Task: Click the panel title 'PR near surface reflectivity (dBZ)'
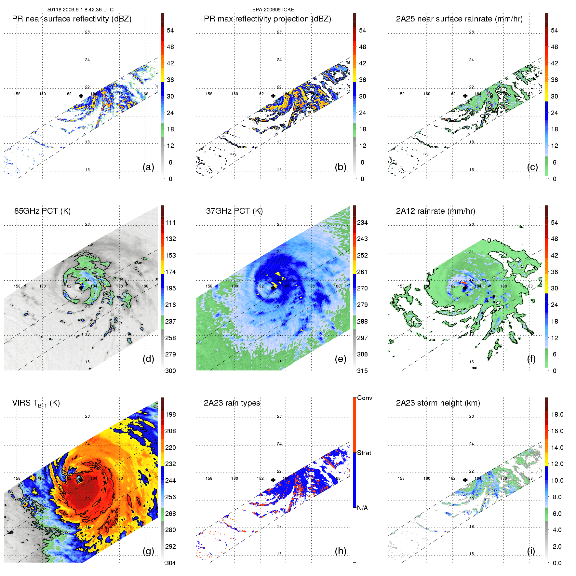pos(72,19)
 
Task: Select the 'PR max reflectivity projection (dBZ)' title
pos(267,19)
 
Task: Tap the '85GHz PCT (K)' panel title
pos(42,211)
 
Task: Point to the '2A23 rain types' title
pos(232,403)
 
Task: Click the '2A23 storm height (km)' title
pos(438,403)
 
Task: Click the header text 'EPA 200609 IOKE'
pos(273,10)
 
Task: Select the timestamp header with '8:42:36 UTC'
pos(80,10)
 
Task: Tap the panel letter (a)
pos(148,167)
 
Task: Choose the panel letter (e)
pos(340,359)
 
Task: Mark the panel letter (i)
pos(531,551)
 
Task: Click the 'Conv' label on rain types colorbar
pos(365,398)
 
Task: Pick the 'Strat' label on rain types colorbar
pos(364,453)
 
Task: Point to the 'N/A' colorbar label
pos(362,508)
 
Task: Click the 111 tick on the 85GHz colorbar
pos(170,222)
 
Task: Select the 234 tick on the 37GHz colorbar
pos(362,222)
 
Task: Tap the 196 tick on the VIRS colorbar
pos(170,414)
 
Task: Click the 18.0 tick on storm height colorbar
pos(557,414)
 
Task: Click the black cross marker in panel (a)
pos(81,96)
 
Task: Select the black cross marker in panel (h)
pos(273,480)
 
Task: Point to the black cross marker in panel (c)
pos(465,96)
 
